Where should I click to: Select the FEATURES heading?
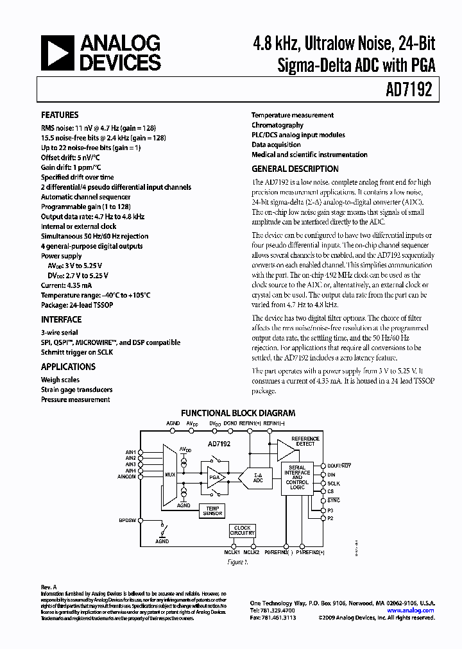[x=60, y=115]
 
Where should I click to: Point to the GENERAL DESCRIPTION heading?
[x=295, y=169]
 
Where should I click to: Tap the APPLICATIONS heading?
[x=68, y=367]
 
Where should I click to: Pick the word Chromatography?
[x=277, y=125]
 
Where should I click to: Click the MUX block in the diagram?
[x=170, y=475]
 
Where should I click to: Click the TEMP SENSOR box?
[x=212, y=511]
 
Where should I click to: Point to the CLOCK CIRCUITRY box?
[x=243, y=530]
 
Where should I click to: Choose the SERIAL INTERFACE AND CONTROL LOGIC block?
[x=297, y=478]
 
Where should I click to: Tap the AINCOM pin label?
[x=125, y=476]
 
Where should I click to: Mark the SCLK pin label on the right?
[x=334, y=483]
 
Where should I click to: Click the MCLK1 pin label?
[x=231, y=552]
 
